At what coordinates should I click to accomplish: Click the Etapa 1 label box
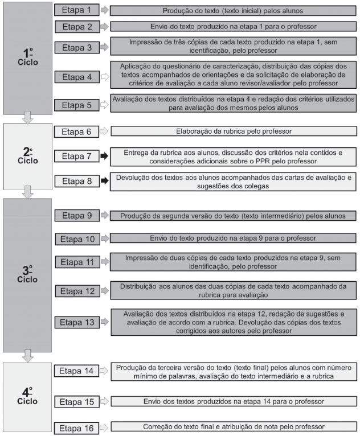[x=76, y=10]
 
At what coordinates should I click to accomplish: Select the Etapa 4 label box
[x=76, y=75]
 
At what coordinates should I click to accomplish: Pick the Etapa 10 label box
[x=76, y=238]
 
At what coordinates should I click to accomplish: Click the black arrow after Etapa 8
[x=104, y=181]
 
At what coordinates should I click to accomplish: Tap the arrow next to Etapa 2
[x=104, y=26]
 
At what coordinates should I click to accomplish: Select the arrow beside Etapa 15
[x=104, y=401]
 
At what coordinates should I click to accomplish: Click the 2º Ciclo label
[x=27, y=155]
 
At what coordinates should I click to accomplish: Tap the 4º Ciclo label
[x=27, y=397]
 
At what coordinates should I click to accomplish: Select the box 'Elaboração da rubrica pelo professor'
[x=234, y=131]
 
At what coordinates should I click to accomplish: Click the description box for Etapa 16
[x=234, y=427]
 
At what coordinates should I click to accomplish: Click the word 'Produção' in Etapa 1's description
[x=178, y=10]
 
